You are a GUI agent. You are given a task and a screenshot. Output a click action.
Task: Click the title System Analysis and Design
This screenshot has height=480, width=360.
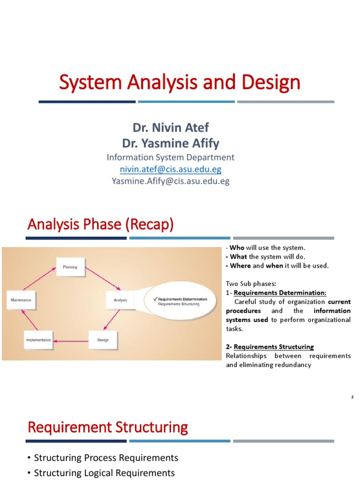point(179,83)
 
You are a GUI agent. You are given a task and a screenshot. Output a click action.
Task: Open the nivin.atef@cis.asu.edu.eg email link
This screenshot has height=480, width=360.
point(171,169)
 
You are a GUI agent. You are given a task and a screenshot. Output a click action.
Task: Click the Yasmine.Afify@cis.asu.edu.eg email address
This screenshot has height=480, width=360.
point(171,181)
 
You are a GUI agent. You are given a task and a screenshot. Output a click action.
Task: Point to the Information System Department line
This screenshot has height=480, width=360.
point(171,157)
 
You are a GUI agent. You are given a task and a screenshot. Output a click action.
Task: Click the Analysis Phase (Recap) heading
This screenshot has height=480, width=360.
point(100,225)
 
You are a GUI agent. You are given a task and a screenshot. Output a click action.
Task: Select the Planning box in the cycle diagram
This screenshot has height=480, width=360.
point(70,267)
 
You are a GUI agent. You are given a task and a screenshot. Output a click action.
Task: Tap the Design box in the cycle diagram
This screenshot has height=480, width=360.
point(103,340)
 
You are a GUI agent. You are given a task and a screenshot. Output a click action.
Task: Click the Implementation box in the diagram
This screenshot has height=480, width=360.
point(38,340)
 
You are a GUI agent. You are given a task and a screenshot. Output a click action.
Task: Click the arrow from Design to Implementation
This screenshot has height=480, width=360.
point(70,341)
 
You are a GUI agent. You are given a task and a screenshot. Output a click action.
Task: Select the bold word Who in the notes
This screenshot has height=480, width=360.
point(237,247)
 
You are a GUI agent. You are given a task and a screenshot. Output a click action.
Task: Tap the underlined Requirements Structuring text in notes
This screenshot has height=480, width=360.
point(274,347)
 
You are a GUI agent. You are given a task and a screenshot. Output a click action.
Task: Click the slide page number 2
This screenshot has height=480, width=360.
point(352,397)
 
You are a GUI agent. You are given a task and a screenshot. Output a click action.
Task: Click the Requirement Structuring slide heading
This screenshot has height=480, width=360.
point(108,427)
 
